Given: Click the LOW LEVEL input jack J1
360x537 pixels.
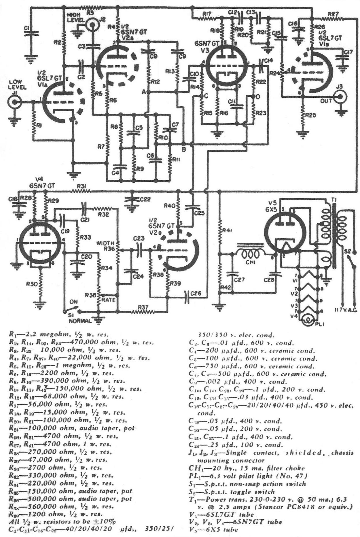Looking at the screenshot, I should pyautogui.click(x=14, y=102).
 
